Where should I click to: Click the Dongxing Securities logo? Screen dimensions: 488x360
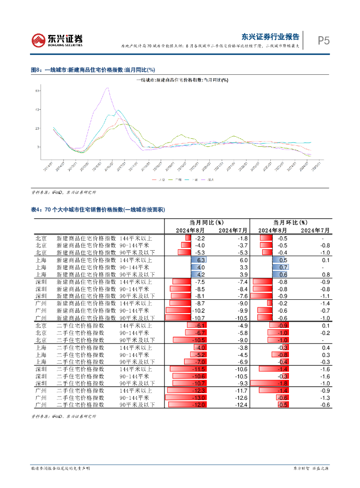[x=57, y=40]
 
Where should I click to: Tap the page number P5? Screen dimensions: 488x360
[x=324, y=41]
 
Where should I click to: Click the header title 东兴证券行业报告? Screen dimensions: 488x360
[x=270, y=37]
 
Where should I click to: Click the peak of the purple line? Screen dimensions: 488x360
[x=108, y=88]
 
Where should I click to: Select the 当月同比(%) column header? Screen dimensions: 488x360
[x=206, y=222]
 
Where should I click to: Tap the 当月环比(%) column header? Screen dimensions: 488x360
[x=290, y=222]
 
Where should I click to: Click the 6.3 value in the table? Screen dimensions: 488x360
[x=201, y=260]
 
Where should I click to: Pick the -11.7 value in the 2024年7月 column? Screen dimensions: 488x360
[x=241, y=390]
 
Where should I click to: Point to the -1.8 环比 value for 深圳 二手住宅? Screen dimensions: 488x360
[x=283, y=383]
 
